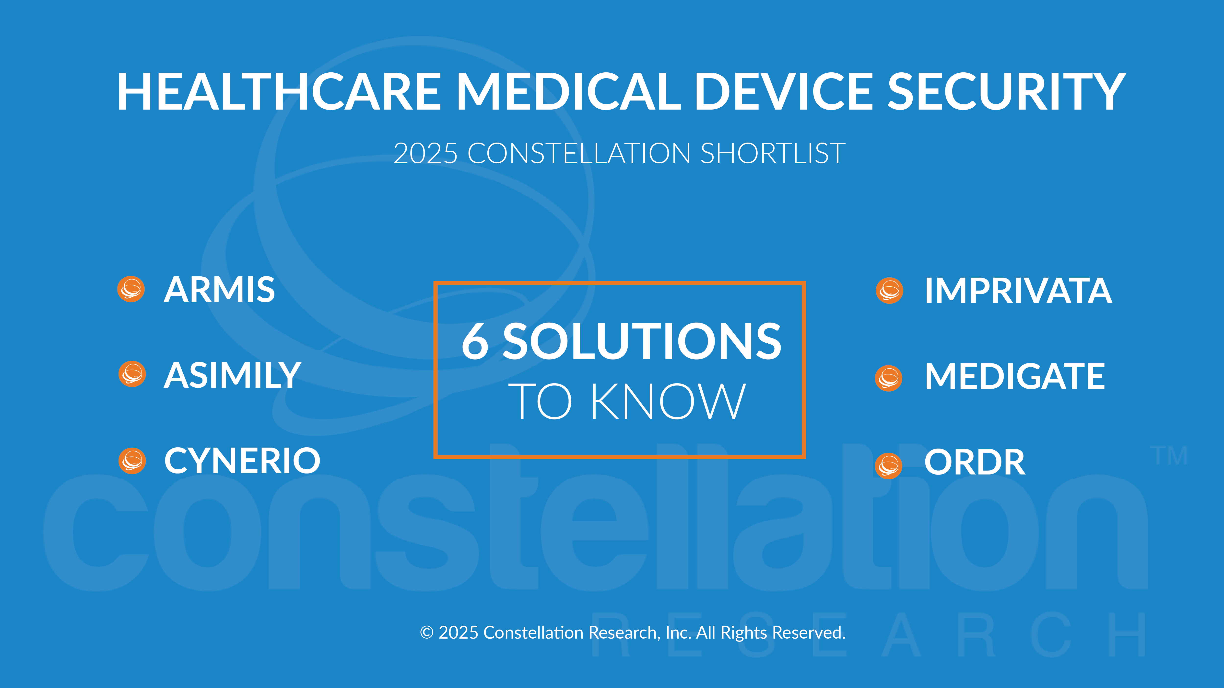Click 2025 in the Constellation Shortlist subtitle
(x=425, y=153)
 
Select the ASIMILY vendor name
(x=232, y=375)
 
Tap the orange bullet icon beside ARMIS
(x=131, y=289)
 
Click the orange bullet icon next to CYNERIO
(x=132, y=461)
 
